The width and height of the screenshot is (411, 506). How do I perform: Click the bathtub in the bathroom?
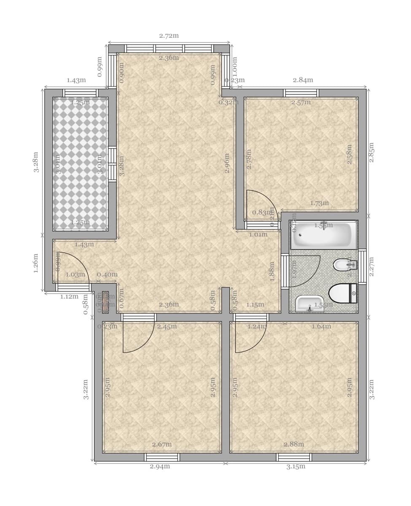click(323, 235)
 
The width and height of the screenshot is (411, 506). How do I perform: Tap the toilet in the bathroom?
click(342, 293)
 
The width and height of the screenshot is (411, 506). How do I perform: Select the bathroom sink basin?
click(309, 304)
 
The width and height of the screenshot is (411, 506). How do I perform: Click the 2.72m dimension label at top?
click(169, 36)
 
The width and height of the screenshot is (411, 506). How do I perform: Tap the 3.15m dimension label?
click(295, 466)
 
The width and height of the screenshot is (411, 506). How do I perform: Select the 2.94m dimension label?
click(160, 466)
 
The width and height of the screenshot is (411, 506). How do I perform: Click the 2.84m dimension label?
click(303, 80)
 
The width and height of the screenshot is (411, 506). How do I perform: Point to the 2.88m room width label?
click(294, 444)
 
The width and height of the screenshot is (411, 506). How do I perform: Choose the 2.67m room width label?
click(162, 444)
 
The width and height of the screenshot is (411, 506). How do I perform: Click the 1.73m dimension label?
click(319, 203)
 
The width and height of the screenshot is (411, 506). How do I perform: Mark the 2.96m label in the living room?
click(227, 163)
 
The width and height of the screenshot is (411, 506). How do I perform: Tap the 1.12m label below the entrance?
click(69, 296)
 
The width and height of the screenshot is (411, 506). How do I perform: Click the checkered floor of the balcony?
click(80, 164)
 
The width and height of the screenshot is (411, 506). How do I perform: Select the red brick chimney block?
click(105, 302)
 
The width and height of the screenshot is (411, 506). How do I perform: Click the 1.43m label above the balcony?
click(76, 80)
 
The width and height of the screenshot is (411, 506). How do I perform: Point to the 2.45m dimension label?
click(167, 326)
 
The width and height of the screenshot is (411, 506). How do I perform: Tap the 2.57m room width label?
click(301, 102)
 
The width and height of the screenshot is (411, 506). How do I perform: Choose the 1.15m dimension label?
click(255, 304)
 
